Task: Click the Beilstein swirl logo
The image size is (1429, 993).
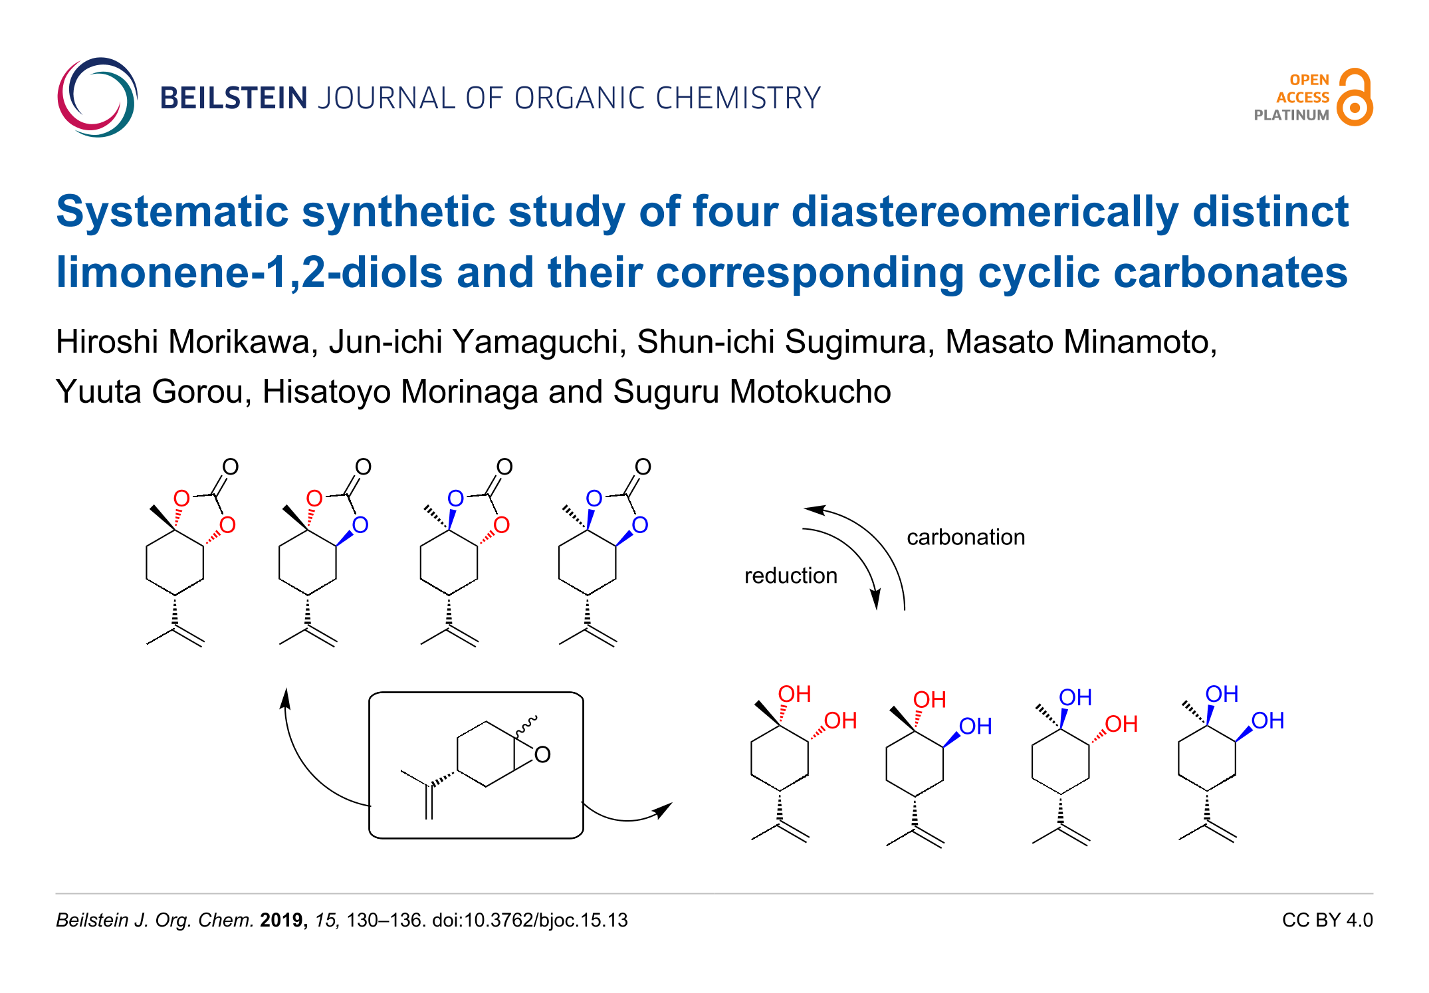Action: point(97,97)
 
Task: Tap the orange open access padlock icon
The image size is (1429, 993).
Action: point(1355,97)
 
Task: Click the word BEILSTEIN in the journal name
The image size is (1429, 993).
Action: point(233,98)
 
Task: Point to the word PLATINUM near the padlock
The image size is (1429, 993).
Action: point(1291,115)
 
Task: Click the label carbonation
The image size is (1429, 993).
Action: point(965,537)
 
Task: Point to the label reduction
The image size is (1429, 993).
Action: point(790,576)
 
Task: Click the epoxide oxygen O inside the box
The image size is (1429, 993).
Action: point(542,755)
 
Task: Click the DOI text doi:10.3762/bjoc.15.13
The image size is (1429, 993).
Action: point(529,920)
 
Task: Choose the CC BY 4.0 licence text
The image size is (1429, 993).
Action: point(1327,920)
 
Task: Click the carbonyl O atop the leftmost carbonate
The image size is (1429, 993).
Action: point(230,467)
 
